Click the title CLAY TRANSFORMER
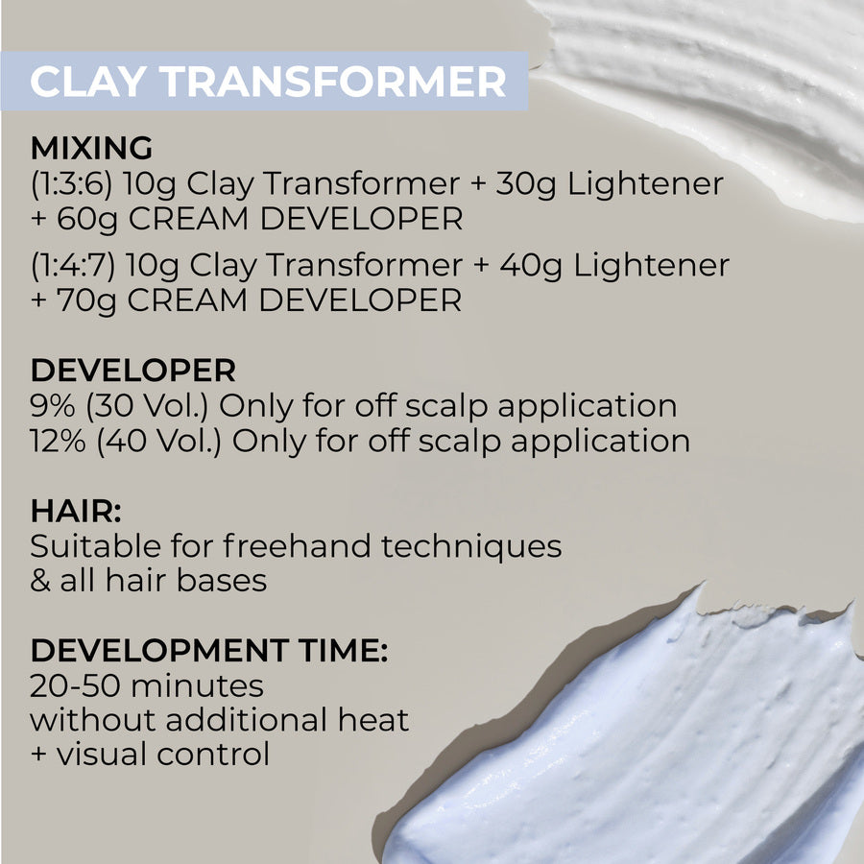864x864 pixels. coord(268,82)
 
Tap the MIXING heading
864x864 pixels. coord(91,148)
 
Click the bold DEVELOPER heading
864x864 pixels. coord(132,371)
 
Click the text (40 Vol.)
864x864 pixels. coord(159,442)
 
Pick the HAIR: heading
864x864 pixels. coord(70,512)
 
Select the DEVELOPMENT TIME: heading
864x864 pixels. coord(208,651)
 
